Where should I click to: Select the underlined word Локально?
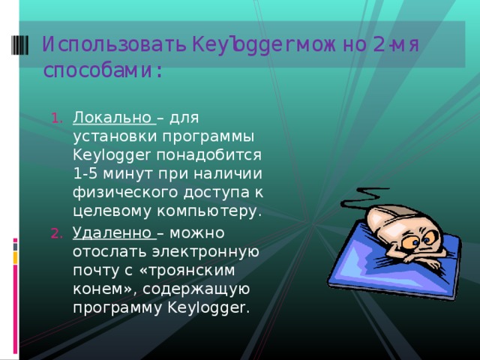[112, 117]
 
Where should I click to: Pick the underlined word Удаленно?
[113, 232]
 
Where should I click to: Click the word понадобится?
[217, 155]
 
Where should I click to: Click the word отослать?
[104, 251]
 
